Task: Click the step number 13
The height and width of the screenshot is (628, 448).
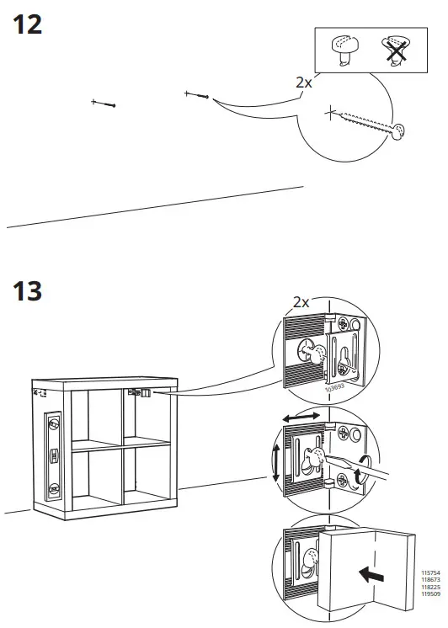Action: point(28,292)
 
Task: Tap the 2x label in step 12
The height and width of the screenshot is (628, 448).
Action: point(304,82)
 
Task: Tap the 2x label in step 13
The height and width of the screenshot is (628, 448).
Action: point(302,301)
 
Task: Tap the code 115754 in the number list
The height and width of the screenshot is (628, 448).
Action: point(430,573)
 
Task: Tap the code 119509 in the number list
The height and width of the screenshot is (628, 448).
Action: point(430,594)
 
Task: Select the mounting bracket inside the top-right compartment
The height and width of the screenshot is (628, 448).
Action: point(138,391)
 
